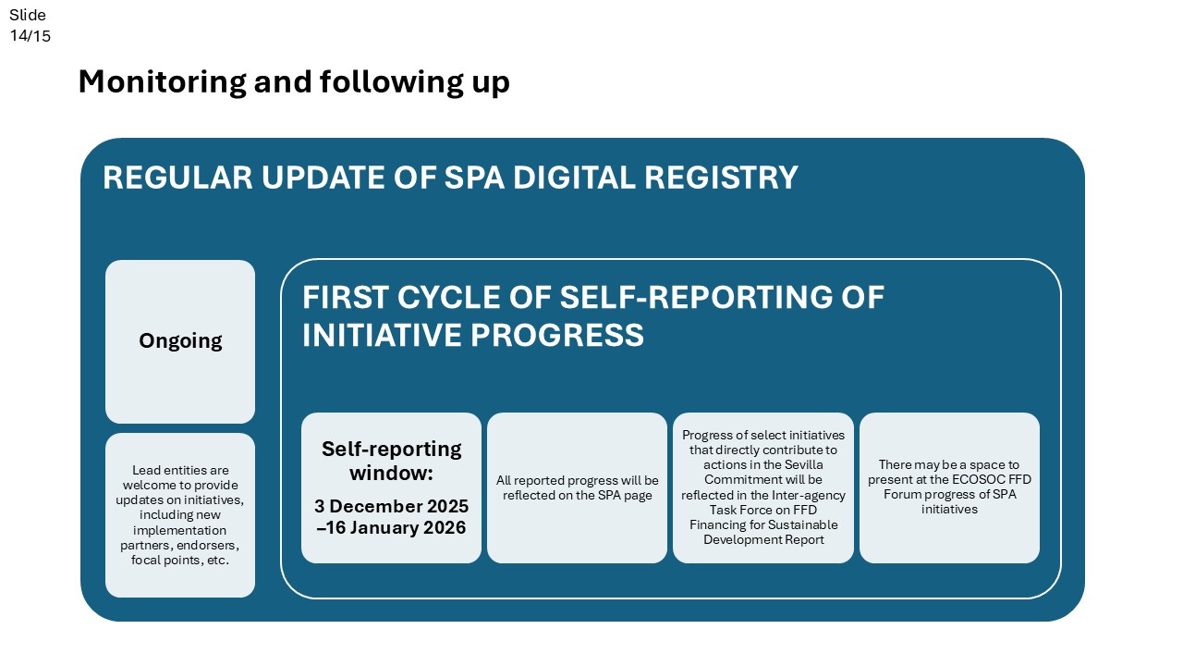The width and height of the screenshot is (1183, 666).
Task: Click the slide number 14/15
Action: (30, 36)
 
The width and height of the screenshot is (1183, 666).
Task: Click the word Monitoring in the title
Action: (163, 82)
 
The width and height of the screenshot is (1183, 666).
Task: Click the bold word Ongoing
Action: (180, 341)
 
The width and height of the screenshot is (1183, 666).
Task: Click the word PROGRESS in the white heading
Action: (557, 335)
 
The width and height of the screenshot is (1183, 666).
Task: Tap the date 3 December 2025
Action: (391, 506)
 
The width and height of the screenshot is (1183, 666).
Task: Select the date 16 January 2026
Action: (396, 527)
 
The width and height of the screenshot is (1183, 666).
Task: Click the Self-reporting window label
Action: (391, 461)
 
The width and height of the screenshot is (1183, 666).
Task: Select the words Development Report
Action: (763, 539)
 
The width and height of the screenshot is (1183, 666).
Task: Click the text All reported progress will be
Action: (578, 480)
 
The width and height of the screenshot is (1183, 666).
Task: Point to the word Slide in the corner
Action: (28, 15)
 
